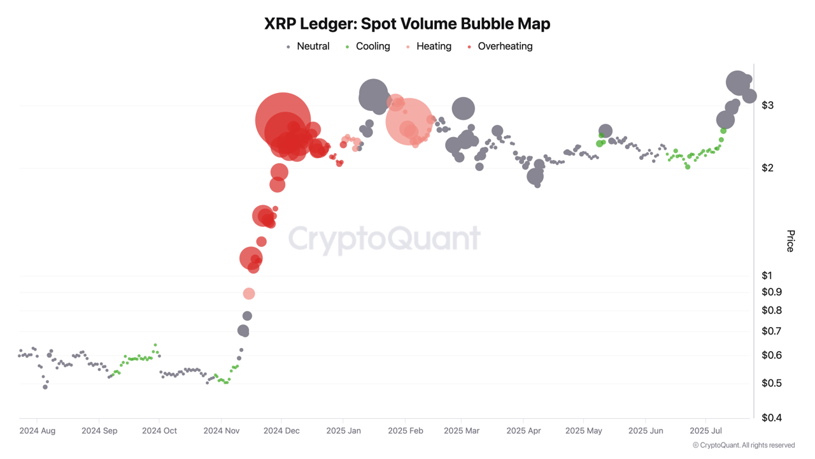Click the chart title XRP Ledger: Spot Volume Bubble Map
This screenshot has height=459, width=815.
tap(407, 24)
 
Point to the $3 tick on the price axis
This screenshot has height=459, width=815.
tap(768, 105)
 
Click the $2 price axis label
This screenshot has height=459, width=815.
tap(768, 168)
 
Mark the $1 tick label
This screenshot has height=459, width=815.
tap(767, 275)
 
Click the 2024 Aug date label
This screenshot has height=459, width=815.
tap(38, 431)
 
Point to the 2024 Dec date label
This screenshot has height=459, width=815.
tap(282, 431)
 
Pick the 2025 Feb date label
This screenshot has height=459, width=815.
tap(406, 431)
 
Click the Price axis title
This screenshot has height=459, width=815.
tap(790, 241)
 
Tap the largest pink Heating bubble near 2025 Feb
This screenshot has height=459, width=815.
tap(409, 121)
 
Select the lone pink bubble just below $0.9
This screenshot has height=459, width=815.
tap(249, 293)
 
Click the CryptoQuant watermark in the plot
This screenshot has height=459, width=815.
tap(384, 239)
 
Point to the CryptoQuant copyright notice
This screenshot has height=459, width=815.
tap(744, 445)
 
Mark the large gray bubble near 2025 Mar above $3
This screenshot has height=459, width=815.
tap(464, 108)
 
